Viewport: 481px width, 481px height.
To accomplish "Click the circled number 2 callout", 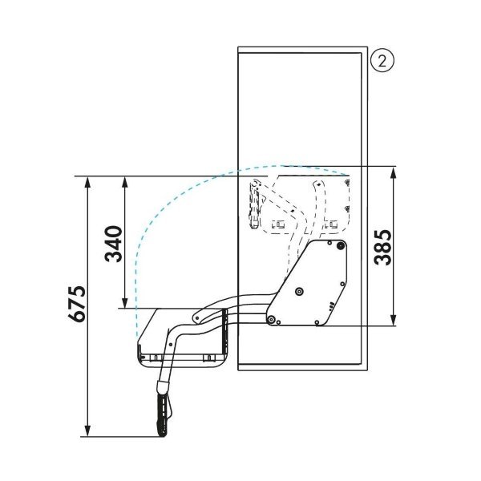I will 381,60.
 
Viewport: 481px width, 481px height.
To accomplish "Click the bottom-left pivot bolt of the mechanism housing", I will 272,320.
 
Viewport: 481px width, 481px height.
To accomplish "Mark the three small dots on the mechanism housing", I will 329,303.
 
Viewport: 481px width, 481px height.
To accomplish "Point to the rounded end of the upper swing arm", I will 197,317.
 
